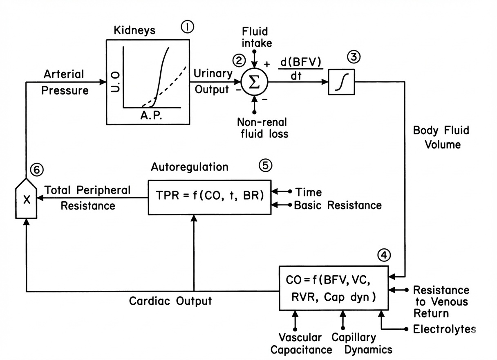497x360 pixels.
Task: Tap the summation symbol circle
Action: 254,81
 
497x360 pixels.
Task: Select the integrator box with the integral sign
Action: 341,82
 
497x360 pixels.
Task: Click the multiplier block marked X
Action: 26,200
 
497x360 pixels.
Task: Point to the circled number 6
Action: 36,170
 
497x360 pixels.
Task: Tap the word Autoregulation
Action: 190,167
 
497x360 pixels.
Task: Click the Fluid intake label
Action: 255,37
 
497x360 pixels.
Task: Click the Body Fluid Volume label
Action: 441,137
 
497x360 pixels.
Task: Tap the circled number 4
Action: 385,255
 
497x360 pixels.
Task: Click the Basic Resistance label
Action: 338,205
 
